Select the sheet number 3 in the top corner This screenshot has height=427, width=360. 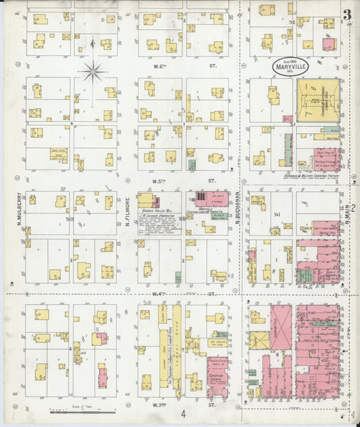click(x=346, y=16)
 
